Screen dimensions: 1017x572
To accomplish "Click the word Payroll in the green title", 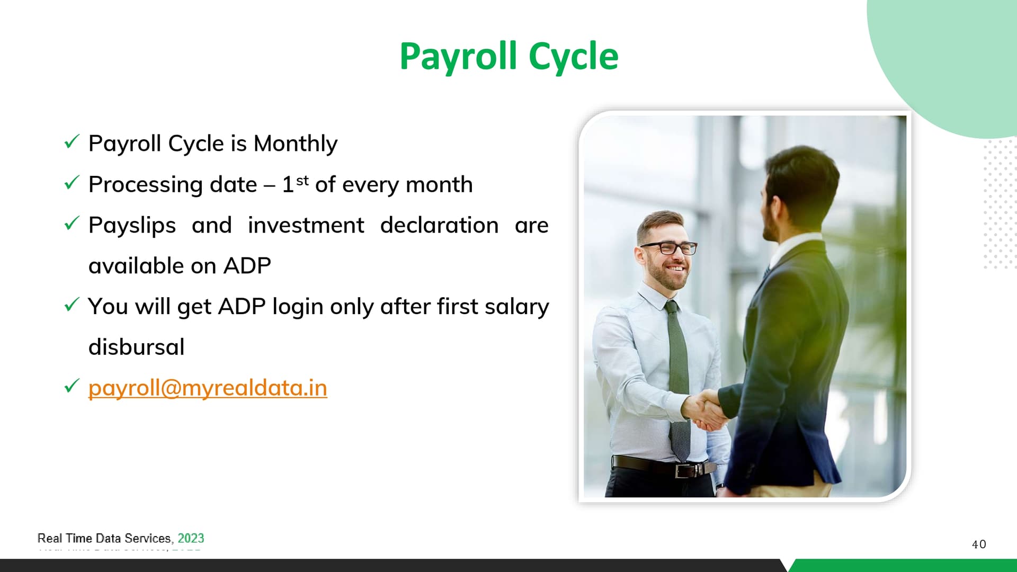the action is pyautogui.click(x=458, y=57).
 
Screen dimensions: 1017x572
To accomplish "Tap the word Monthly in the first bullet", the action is pyautogui.click(x=296, y=144).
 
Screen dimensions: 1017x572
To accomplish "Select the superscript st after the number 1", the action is pyautogui.click(x=302, y=180).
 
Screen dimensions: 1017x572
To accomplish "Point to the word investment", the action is pyautogui.click(x=306, y=225).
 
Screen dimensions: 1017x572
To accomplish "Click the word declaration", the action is pyautogui.click(x=440, y=225).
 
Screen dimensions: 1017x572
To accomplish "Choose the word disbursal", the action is pyautogui.click(x=137, y=347).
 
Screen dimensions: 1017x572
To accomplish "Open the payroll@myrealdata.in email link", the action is pyautogui.click(x=208, y=388).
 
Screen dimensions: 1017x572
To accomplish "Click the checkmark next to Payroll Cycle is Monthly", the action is pyautogui.click(x=72, y=141).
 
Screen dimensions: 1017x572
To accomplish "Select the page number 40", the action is pyautogui.click(x=979, y=544).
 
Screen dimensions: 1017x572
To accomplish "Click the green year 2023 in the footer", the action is pyautogui.click(x=191, y=538).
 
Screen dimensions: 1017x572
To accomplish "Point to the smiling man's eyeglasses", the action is pyautogui.click(x=668, y=247).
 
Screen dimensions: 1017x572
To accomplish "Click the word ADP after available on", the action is pyautogui.click(x=247, y=266).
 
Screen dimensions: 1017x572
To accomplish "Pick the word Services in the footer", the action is pyautogui.click(x=147, y=538).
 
